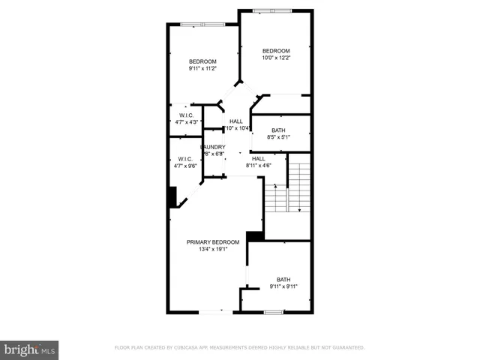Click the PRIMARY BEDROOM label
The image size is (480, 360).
click(x=213, y=241)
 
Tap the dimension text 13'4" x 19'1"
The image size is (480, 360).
click(x=213, y=249)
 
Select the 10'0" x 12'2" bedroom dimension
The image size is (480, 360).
click(x=275, y=58)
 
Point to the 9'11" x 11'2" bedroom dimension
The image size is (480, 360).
click(x=202, y=68)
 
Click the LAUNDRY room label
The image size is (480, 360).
click(x=214, y=147)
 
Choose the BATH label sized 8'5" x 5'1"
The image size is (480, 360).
click(x=278, y=130)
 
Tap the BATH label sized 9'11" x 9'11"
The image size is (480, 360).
click(x=283, y=279)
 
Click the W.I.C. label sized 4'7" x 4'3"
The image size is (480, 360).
click(x=187, y=115)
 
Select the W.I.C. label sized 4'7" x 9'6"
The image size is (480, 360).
click(x=184, y=158)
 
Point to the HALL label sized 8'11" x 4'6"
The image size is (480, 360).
click(x=258, y=158)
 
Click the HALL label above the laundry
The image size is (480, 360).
click(x=236, y=121)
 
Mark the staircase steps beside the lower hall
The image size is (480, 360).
click(x=299, y=187)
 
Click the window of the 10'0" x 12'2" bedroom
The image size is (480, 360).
click(x=267, y=10)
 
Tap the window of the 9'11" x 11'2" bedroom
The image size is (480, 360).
click(x=202, y=25)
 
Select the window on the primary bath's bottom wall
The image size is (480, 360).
click(x=273, y=311)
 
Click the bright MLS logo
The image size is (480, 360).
click(x=29, y=349)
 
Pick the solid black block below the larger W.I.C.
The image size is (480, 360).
click(x=172, y=196)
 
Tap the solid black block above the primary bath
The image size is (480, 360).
click(x=255, y=236)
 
